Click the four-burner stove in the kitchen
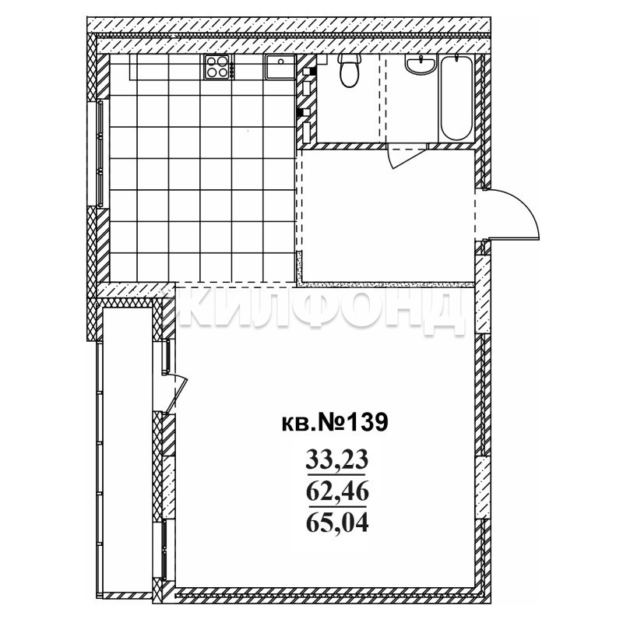[x=219, y=67]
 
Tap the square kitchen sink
[x=280, y=67]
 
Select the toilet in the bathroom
[x=350, y=71]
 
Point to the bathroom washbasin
[x=421, y=64]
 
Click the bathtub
[x=456, y=98]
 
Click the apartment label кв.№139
[x=334, y=423]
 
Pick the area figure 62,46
[x=337, y=492]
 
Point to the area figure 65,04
[x=337, y=523]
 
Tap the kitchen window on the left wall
[x=100, y=153]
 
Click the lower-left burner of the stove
[x=211, y=72]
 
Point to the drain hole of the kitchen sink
[x=281, y=62]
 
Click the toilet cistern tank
[x=350, y=58]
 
